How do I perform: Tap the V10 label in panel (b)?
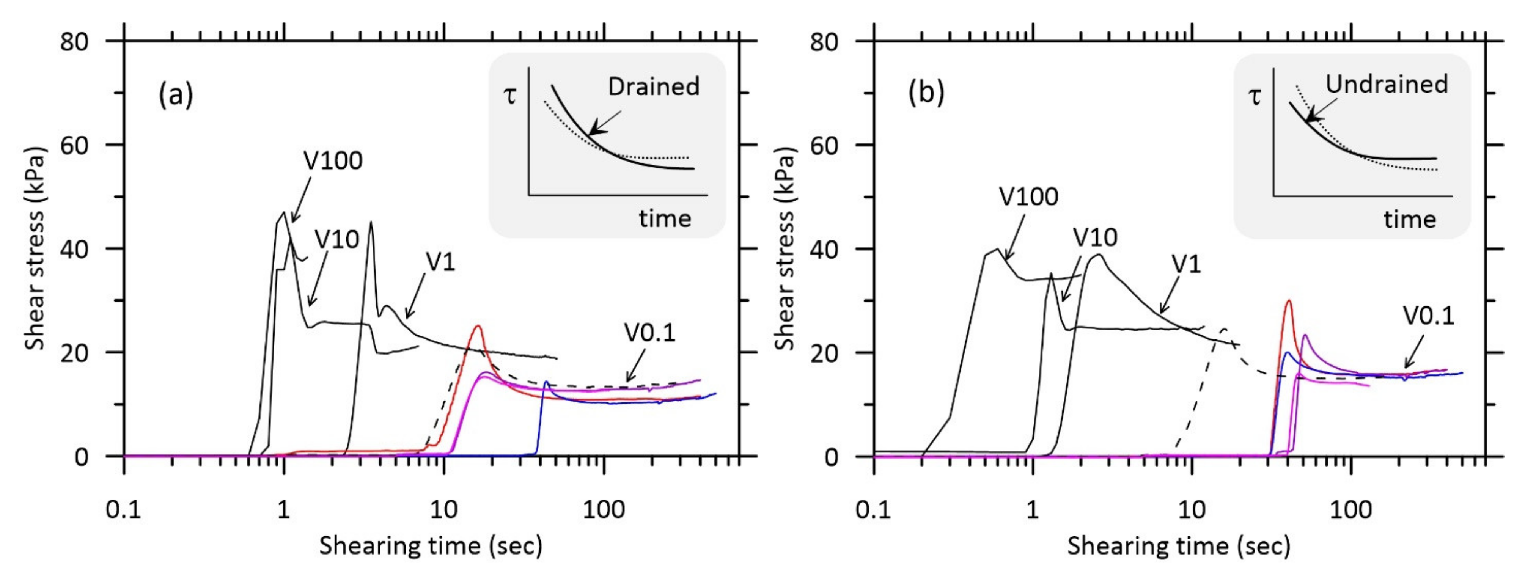(1095, 237)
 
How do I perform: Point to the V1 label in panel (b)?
(1186, 264)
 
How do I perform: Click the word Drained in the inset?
(654, 87)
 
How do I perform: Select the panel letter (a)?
(175, 95)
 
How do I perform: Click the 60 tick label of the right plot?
(824, 146)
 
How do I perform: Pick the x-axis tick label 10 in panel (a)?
(443, 510)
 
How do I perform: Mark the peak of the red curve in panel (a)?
(477, 326)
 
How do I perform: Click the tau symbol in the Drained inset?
(510, 95)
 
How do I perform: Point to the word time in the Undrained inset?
(1410, 220)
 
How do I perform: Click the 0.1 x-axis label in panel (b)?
(873, 510)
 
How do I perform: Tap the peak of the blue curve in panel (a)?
(545, 382)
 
